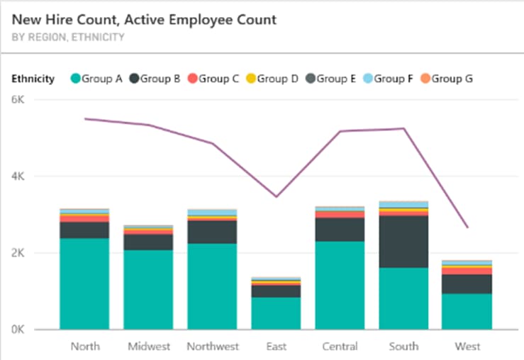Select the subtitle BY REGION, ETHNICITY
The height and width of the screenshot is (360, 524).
(x=69, y=37)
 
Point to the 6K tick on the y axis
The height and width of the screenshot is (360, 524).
(x=18, y=100)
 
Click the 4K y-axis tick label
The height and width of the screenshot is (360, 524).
(x=18, y=176)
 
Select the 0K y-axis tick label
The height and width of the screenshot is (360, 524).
(x=18, y=330)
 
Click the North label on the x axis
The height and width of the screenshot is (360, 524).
(x=85, y=347)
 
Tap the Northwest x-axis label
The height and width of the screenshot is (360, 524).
(x=212, y=347)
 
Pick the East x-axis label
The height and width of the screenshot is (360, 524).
(x=277, y=347)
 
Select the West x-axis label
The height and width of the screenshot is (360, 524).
(x=468, y=347)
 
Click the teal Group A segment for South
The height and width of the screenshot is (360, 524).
(x=403, y=298)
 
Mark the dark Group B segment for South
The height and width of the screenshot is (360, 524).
(x=403, y=242)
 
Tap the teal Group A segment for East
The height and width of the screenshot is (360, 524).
(x=277, y=313)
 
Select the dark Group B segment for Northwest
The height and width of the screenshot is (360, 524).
(x=212, y=232)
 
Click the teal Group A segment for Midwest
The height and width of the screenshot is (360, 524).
(x=148, y=290)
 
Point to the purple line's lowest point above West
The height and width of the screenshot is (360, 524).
(x=467, y=227)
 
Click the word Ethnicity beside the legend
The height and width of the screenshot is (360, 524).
(x=33, y=79)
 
